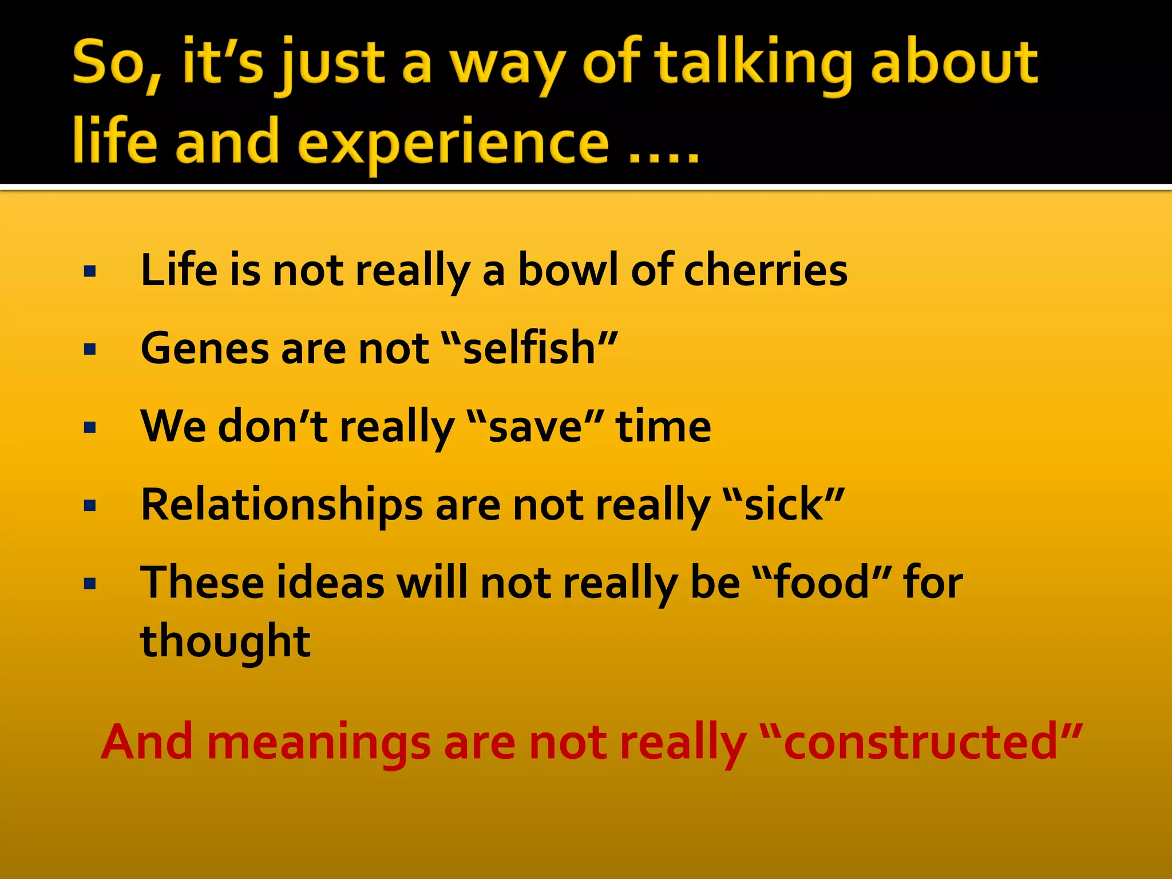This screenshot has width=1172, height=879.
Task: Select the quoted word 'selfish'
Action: point(529,349)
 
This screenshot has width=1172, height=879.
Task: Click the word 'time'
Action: point(663,427)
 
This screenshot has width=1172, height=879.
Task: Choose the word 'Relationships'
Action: point(282,505)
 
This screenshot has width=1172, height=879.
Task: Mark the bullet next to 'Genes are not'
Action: point(90,350)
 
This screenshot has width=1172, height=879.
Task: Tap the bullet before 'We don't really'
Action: point(90,428)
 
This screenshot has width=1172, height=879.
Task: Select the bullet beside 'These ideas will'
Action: point(90,584)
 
